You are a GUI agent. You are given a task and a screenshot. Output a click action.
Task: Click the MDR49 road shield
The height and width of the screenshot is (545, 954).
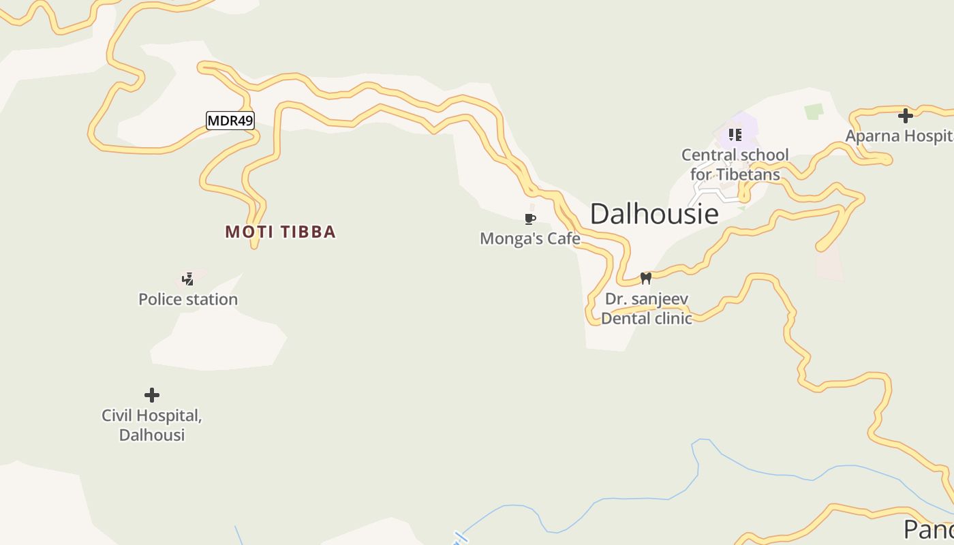[x=230, y=121]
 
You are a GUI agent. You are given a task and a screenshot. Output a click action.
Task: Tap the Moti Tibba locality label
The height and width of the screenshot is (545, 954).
[x=280, y=232]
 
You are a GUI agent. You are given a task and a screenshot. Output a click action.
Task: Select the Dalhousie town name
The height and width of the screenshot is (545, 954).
[x=654, y=214]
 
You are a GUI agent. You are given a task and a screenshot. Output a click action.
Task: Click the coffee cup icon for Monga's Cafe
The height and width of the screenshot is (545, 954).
[x=530, y=219]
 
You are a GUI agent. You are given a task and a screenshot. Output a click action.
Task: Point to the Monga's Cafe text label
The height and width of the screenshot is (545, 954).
[x=530, y=238]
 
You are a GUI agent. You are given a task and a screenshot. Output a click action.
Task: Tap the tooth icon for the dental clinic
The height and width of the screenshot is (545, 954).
[x=645, y=278]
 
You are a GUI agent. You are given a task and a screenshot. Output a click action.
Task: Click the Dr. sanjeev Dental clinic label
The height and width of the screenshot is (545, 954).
[x=646, y=309]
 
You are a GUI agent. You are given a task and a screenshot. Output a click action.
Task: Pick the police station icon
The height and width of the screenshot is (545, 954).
[x=187, y=279]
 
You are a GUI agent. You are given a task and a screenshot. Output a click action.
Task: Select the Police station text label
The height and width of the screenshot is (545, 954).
[x=188, y=299]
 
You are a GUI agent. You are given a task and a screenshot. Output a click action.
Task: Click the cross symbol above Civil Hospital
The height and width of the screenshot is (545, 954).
[x=152, y=395]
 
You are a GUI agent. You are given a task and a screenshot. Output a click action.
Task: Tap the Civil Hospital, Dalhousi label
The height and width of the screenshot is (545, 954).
[x=152, y=425]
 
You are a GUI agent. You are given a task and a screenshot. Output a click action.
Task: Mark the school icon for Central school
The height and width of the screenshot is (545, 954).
[x=735, y=134]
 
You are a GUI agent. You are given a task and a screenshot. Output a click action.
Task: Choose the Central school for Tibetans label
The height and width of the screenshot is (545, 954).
[x=735, y=164]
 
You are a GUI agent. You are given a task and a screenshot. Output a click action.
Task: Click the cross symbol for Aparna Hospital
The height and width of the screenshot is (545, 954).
[x=905, y=116]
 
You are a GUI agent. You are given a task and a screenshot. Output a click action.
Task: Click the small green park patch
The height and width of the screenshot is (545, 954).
[x=814, y=110]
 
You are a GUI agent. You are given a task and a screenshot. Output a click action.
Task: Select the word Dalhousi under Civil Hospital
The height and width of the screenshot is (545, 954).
[x=152, y=435]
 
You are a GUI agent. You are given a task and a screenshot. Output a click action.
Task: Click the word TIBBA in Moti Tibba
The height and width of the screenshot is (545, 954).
[x=308, y=232]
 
